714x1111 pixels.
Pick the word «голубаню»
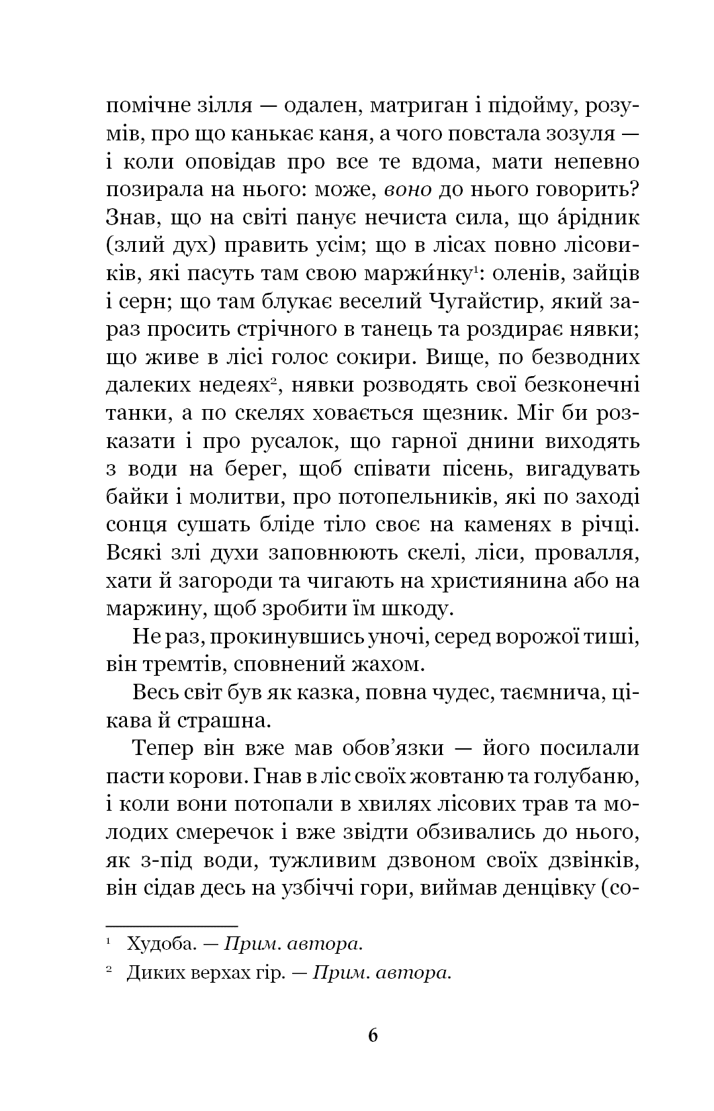click(585, 776)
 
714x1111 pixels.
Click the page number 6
click(373, 1034)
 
